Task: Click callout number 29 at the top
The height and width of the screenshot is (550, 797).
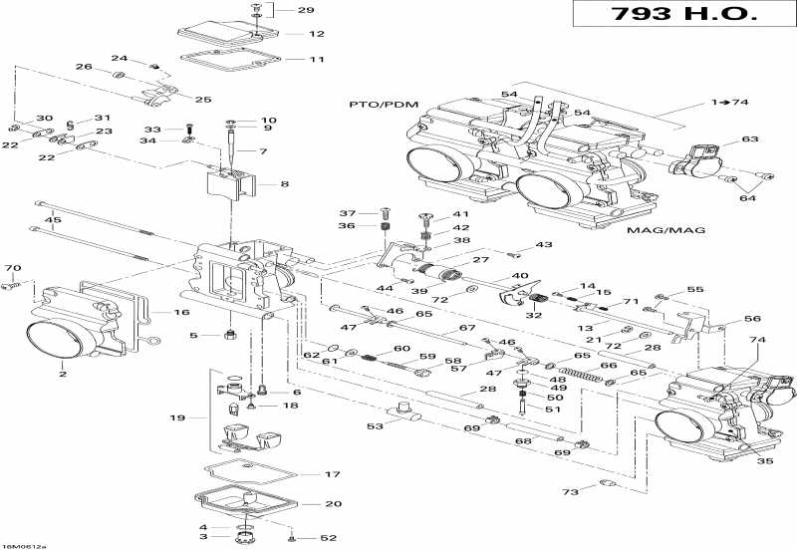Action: (306, 10)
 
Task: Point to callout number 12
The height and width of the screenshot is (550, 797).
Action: (317, 34)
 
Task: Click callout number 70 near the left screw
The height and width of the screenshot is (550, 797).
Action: (12, 268)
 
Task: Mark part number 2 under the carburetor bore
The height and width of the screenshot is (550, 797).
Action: (62, 375)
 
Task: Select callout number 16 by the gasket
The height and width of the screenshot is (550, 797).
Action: (181, 312)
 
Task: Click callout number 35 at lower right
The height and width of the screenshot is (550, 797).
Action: (764, 460)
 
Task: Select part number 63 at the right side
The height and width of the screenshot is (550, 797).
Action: (749, 139)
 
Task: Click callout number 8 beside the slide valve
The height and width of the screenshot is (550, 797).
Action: (285, 184)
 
